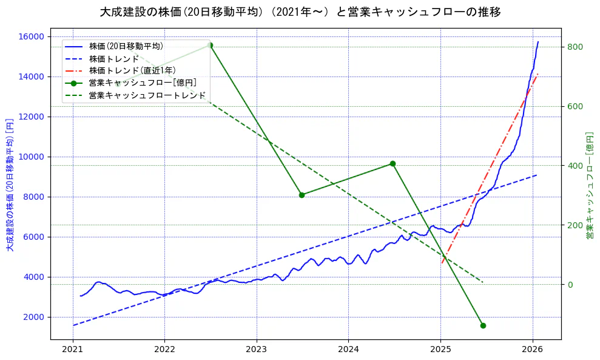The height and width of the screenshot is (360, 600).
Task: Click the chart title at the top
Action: pyautogui.click(x=300, y=12)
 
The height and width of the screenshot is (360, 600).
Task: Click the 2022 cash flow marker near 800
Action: pyautogui.click(x=210, y=46)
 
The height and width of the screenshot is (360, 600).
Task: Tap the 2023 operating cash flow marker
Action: pyautogui.click(x=302, y=195)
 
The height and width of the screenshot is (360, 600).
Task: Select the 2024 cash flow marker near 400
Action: pyautogui.click(x=393, y=164)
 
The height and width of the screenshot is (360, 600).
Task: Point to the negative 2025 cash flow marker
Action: pyautogui.click(x=483, y=325)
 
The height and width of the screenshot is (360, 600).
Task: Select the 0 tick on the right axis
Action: pyautogui.click(x=571, y=285)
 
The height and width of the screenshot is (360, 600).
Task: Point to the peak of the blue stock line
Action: pyautogui.click(x=538, y=42)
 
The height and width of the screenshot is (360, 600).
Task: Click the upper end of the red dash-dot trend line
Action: pyautogui.click(x=538, y=74)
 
